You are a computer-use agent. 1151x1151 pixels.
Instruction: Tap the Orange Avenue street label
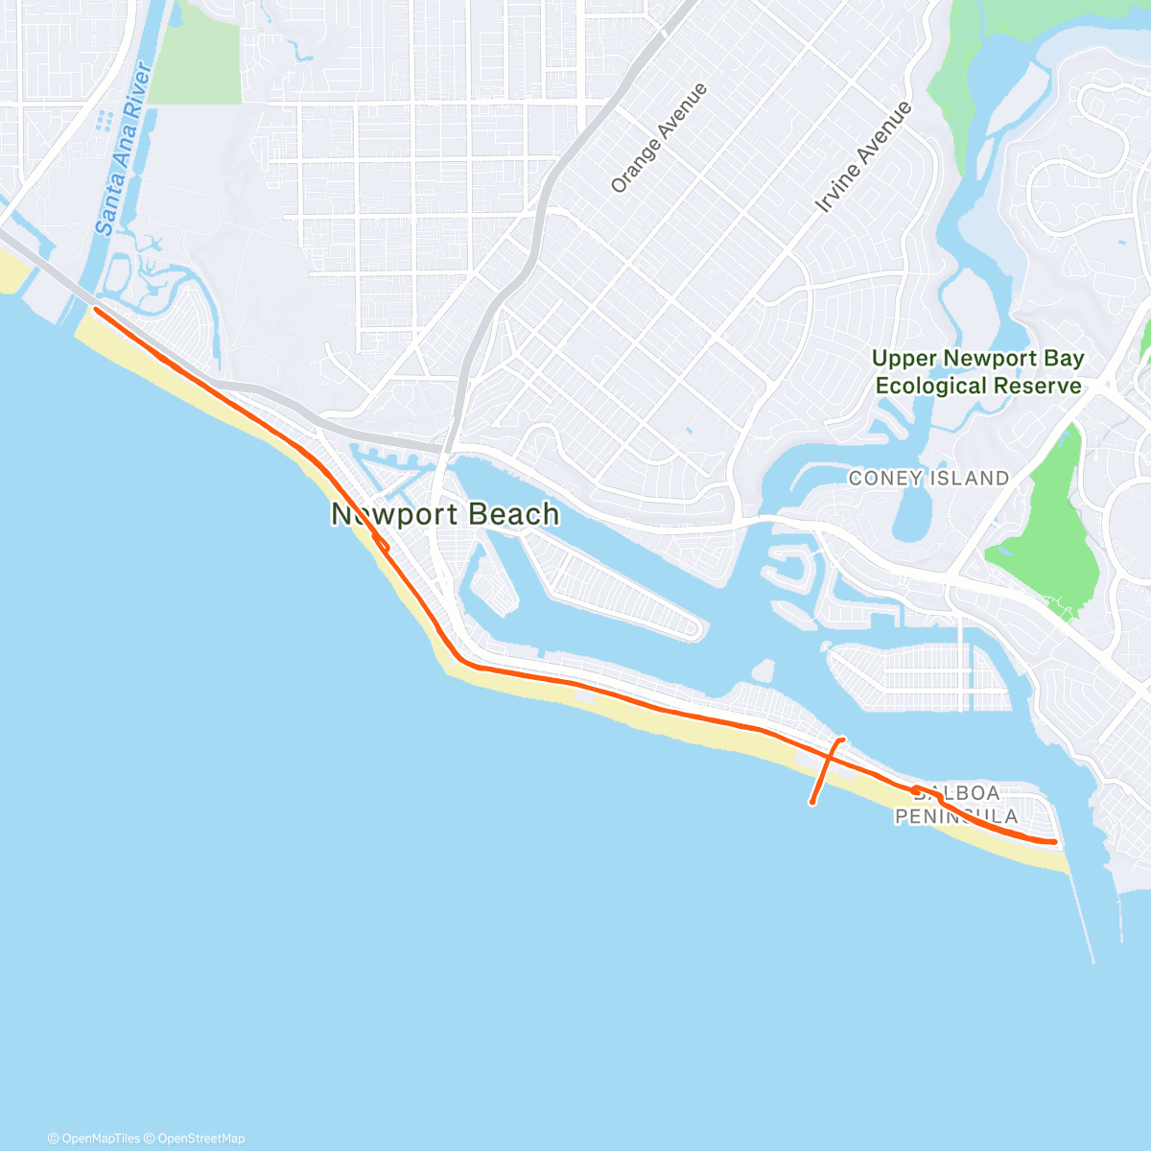659,137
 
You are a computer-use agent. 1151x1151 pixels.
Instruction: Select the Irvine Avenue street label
863,157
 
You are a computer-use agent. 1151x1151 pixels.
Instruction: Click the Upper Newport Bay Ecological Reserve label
978,372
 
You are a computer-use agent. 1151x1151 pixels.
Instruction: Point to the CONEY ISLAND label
928,478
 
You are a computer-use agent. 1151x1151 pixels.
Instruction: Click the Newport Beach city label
445,514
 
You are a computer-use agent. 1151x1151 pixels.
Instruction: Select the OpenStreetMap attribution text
200,1139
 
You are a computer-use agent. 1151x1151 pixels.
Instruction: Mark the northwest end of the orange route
96,309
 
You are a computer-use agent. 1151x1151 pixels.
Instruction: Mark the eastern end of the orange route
1055,842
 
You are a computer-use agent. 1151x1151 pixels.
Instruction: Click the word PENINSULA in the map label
956,816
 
